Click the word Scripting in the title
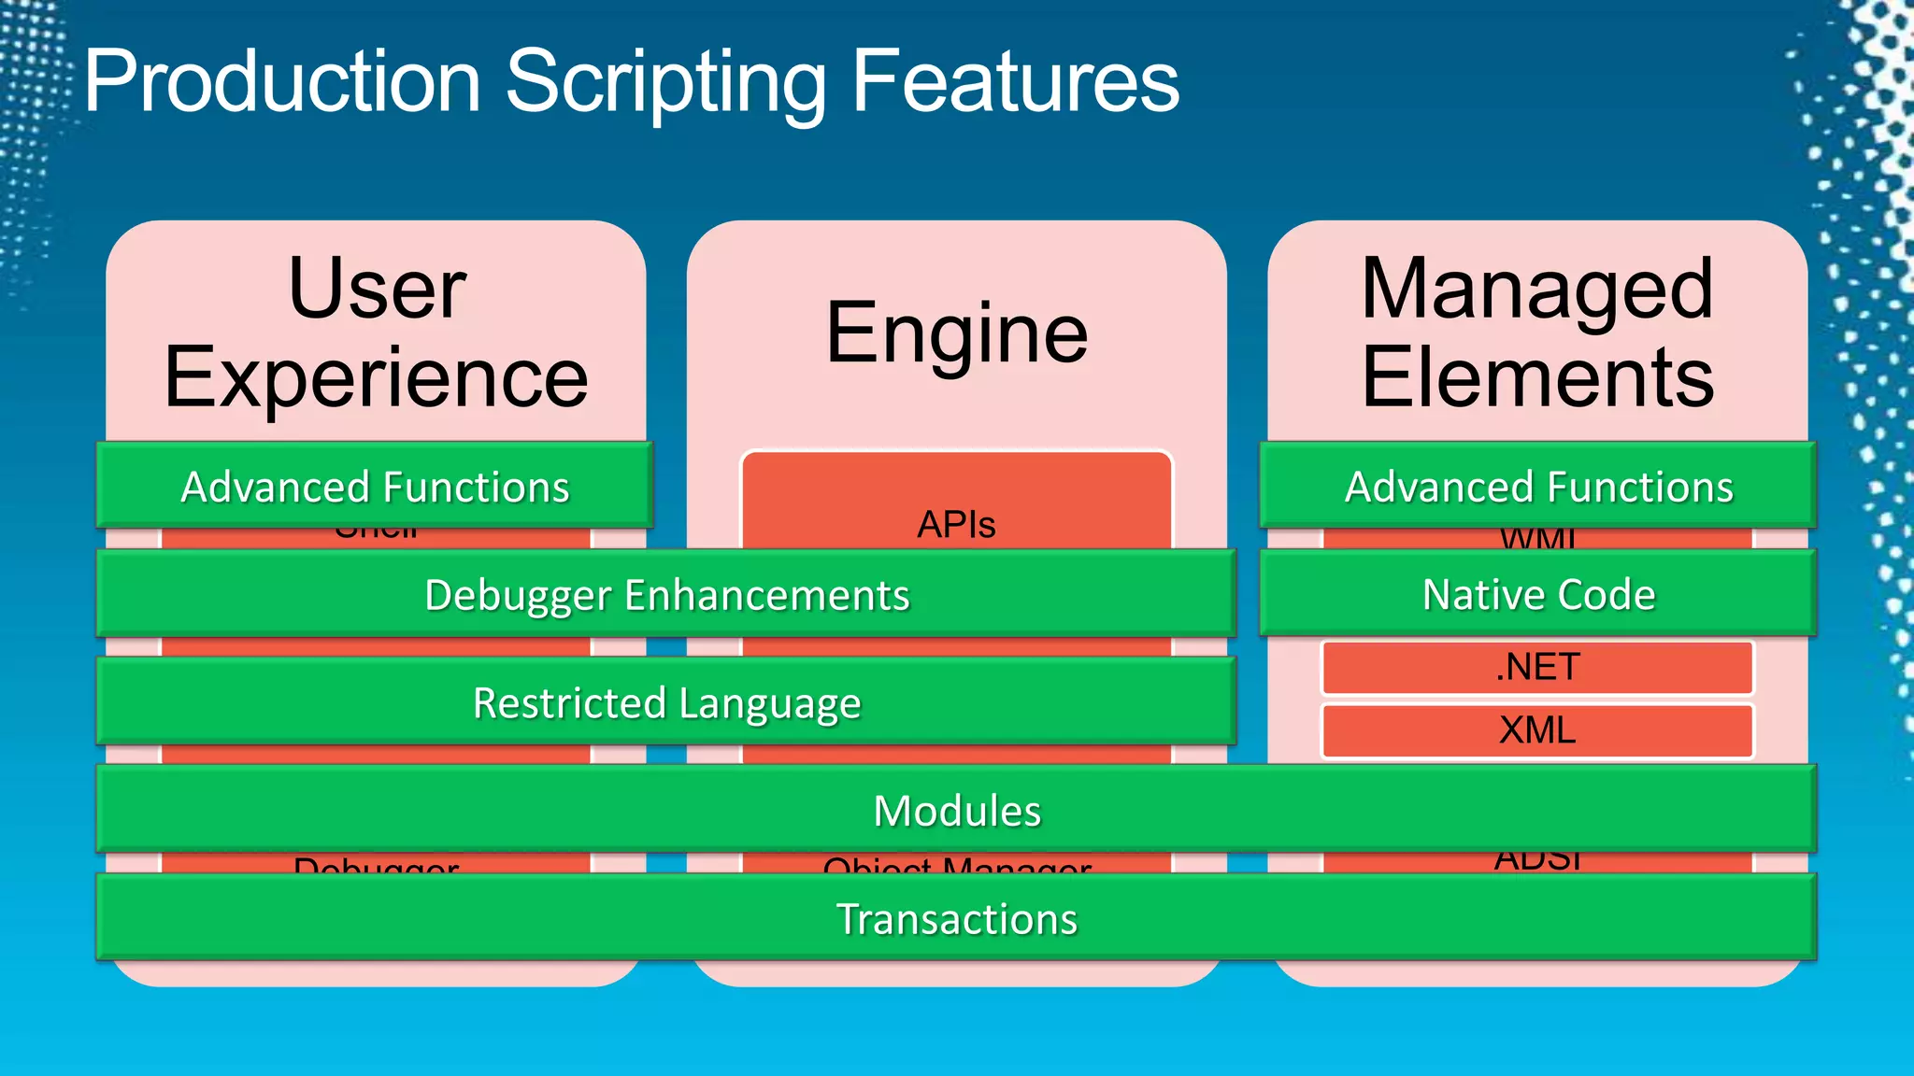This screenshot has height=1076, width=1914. (x=665, y=82)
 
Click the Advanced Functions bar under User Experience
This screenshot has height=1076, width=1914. (x=375, y=487)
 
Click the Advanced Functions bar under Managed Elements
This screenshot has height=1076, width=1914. (x=1538, y=487)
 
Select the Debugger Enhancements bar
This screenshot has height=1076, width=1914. (x=666, y=595)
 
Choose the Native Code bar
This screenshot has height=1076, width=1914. (x=1538, y=595)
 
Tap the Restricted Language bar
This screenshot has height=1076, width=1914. (x=666, y=702)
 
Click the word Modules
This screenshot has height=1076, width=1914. (x=956, y=810)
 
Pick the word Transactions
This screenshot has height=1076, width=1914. (x=956, y=918)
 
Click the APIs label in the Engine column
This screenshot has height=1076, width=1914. (x=956, y=525)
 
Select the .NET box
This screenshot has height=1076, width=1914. (x=1537, y=667)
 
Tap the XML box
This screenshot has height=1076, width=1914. (x=1537, y=729)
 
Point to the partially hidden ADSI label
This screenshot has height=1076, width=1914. (x=1537, y=861)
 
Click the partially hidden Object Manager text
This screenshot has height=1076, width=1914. (x=956, y=865)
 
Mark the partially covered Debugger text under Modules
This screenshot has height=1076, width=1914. (x=376, y=865)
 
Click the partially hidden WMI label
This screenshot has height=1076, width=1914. (x=1537, y=538)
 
